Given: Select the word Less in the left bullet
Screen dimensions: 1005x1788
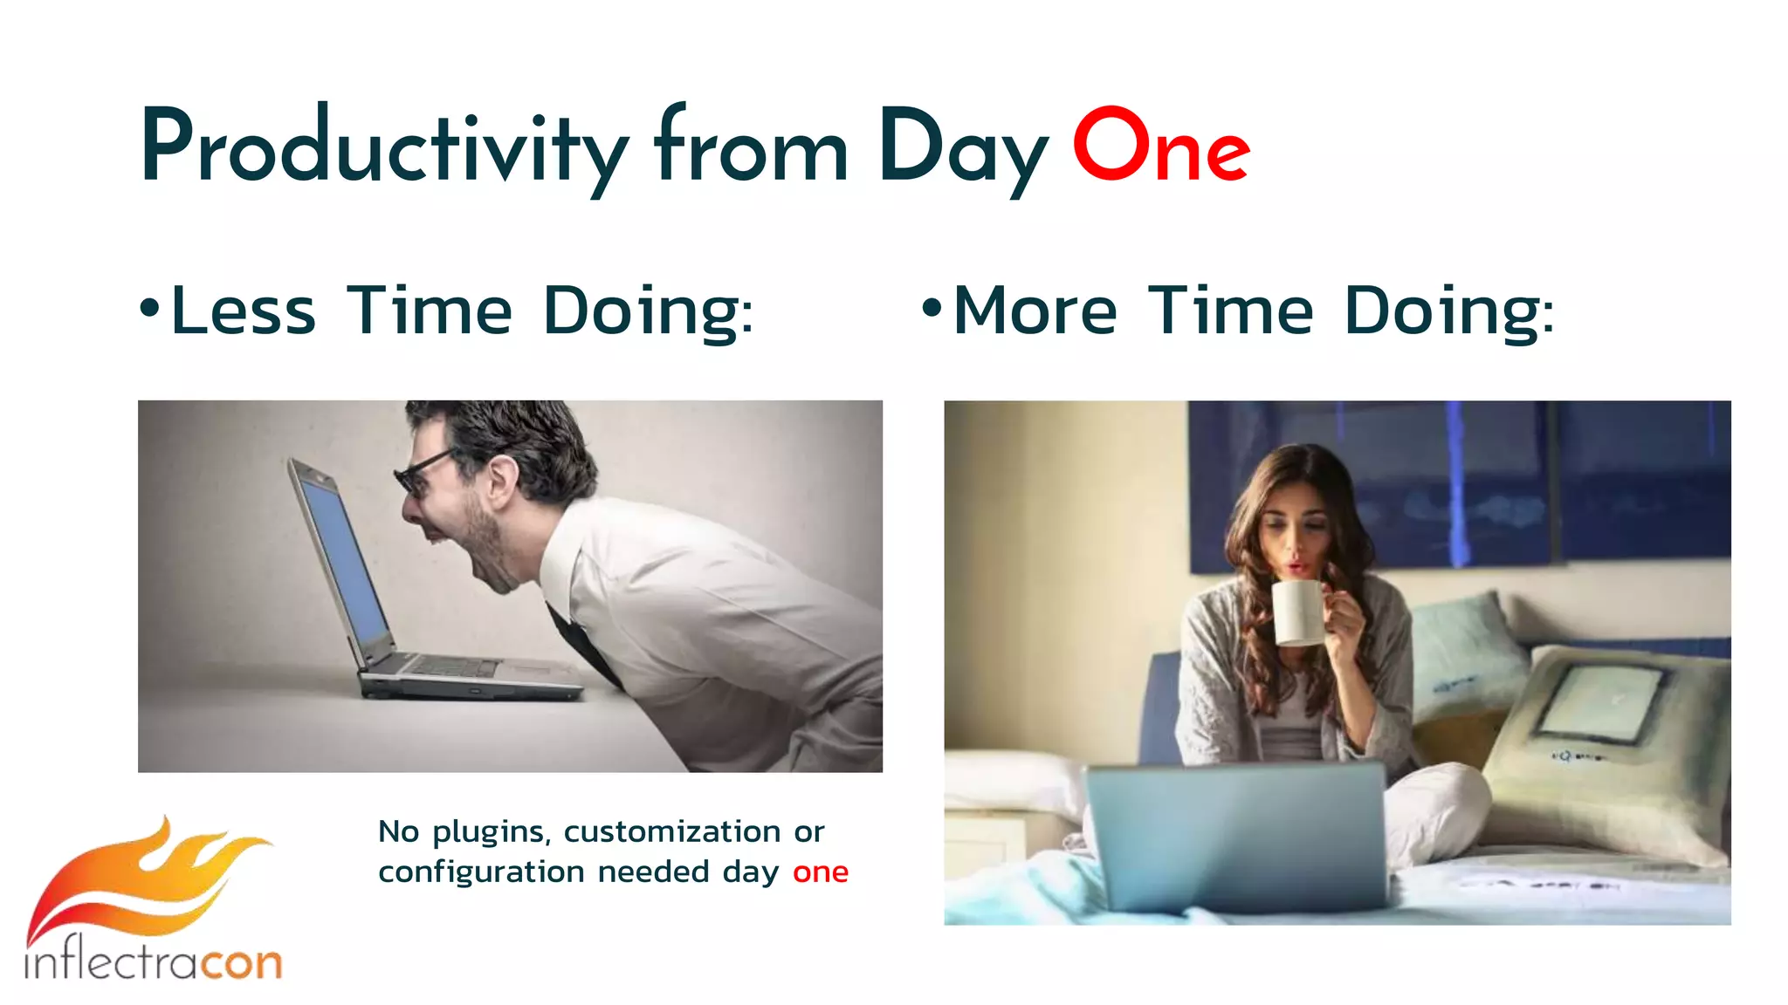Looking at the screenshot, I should [x=244, y=311].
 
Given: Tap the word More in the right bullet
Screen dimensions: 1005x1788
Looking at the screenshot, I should [x=1035, y=311].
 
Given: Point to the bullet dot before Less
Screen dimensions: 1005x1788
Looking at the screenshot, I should [x=150, y=308].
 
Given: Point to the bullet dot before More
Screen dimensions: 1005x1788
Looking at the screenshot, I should [x=932, y=308].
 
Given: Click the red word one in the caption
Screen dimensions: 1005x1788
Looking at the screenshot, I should [x=820, y=872].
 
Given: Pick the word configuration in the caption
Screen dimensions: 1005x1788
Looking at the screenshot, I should [x=481, y=872].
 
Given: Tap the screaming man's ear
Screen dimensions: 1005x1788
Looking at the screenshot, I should [x=501, y=479].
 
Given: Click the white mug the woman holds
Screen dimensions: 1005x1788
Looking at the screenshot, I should [x=1299, y=612].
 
